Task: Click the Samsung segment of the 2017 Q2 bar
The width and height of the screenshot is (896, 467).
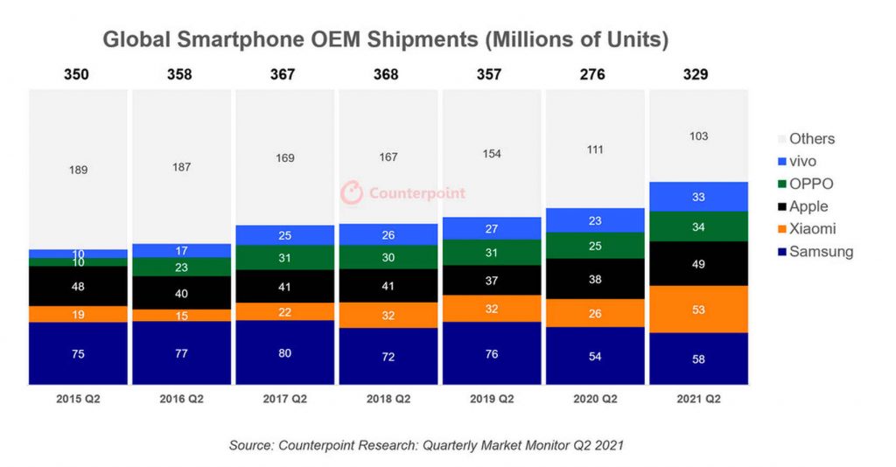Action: click(x=284, y=352)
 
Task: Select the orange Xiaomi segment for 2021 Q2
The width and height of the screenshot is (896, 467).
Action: click(x=697, y=309)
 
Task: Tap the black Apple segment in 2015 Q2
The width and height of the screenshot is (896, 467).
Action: click(x=78, y=286)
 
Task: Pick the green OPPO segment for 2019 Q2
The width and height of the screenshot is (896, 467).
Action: click(x=491, y=253)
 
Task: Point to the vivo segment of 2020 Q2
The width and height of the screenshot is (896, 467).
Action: click(x=594, y=220)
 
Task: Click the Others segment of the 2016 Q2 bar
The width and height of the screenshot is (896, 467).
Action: click(x=181, y=166)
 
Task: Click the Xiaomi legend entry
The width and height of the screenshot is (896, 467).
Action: click(x=811, y=229)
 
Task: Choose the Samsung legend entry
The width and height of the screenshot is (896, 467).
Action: click(x=820, y=252)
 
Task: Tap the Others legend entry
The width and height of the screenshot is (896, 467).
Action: click(x=811, y=138)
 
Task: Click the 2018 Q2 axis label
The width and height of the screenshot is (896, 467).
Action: click(x=388, y=399)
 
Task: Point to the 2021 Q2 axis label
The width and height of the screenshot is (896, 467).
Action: click(x=697, y=399)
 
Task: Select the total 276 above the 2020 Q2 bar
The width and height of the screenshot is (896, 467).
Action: click(x=594, y=74)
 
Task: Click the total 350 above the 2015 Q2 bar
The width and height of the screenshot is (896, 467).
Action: click(x=78, y=74)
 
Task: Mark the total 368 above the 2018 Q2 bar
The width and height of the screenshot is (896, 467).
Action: click(x=388, y=74)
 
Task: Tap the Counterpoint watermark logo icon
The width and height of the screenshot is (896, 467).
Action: click(x=352, y=192)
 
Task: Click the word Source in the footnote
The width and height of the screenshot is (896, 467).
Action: click(x=251, y=445)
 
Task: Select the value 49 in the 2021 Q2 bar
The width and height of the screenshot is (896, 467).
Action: click(x=697, y=263)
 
